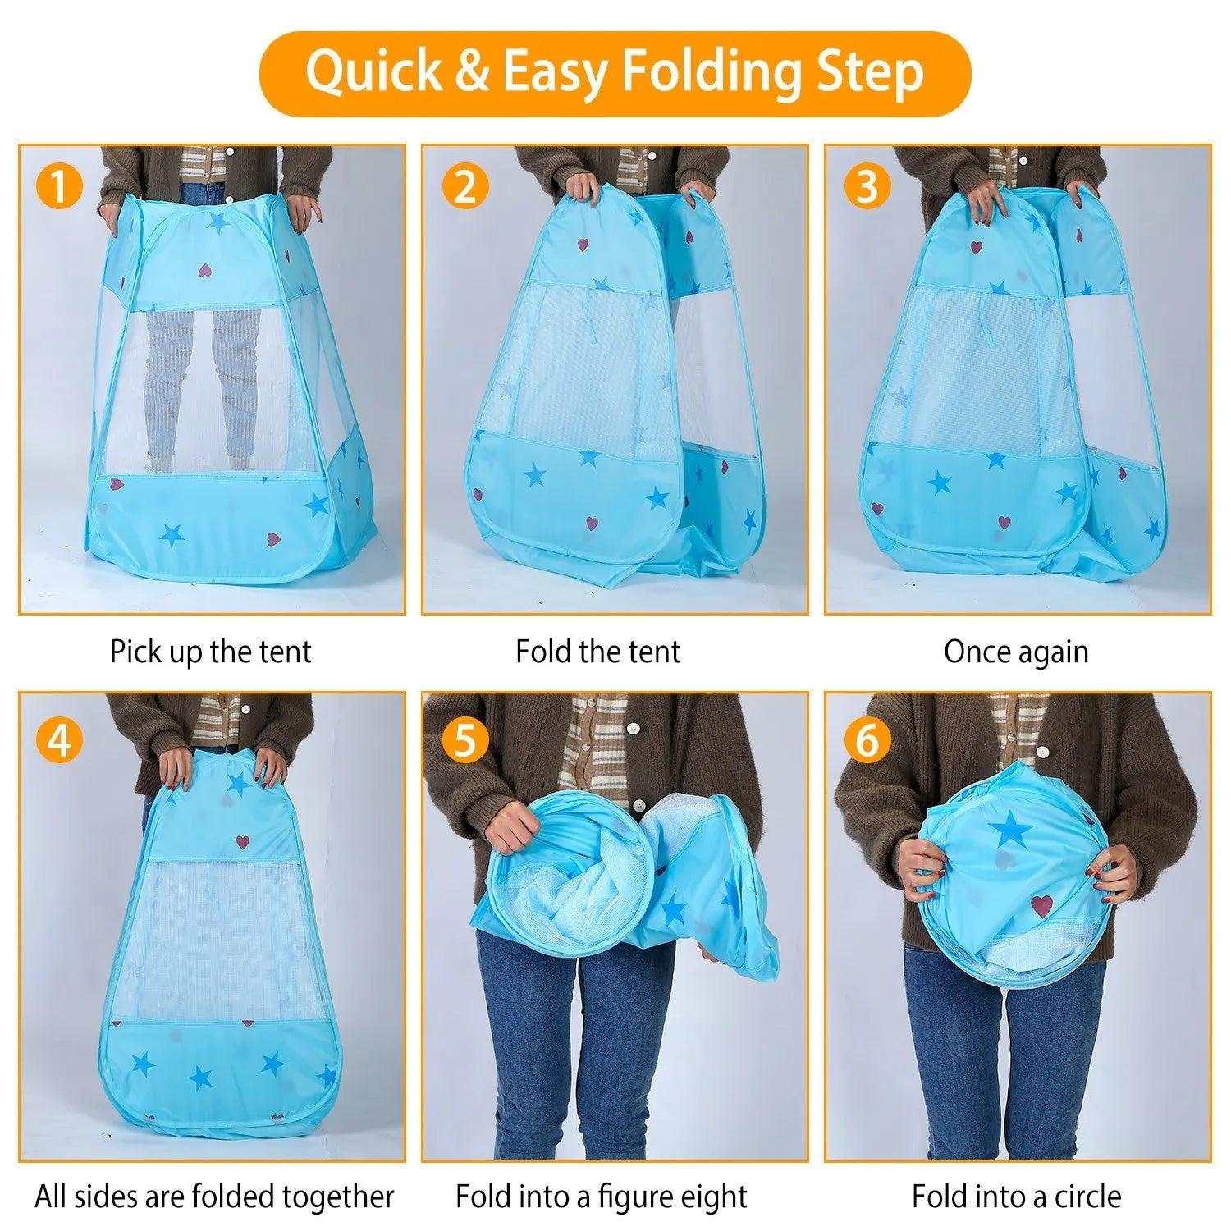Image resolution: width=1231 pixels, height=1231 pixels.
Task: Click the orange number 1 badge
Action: pos(59,185)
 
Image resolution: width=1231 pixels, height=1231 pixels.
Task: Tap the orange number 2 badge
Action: pos(464,185)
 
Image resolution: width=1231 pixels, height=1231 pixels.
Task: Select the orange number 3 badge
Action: pos(867,185)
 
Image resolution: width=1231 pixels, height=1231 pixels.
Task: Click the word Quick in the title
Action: pos(373,72)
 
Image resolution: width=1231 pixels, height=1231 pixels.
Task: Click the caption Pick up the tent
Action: pos(211,652)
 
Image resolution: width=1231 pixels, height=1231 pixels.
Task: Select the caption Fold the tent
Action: pos(597,652)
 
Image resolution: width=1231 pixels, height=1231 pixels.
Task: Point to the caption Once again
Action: pos(1016,652)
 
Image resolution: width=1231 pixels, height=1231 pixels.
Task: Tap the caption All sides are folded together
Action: pos(214,1197)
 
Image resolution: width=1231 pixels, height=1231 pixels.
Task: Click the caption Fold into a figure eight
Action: pos(602,1197)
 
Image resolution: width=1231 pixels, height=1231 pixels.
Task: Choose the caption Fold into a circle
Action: pos(1016,1197)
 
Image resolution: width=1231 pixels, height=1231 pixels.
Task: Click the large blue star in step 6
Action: pos(1010,830)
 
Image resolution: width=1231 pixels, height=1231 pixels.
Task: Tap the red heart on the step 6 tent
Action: pos(1041,906)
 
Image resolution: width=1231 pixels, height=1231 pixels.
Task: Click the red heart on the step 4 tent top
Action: pos(242,841)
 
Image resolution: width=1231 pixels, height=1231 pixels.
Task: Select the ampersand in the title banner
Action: pos(472,72)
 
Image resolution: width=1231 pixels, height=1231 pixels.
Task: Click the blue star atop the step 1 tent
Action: pos(217,221)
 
